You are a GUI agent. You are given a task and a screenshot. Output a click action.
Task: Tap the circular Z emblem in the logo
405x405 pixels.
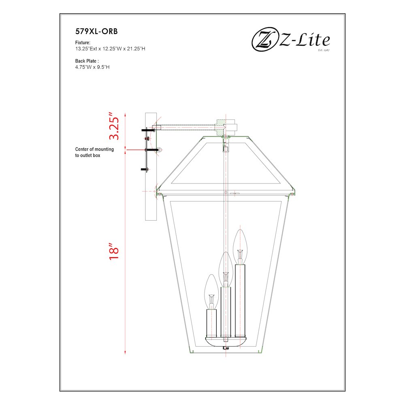point(264,40)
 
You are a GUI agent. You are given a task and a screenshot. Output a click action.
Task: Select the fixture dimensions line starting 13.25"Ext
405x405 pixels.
point(110,49)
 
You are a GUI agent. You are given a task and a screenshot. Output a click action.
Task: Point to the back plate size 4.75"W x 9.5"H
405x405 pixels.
point(92,67)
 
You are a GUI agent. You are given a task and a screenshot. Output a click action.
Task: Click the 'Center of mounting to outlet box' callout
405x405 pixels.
point(94,152)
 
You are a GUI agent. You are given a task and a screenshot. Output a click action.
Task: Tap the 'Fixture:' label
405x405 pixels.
point(83,43)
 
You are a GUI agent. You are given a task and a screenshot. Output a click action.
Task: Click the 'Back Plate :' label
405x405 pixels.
point(87,61)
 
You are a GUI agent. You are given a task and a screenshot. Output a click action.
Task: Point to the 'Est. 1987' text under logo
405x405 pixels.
point(322,51)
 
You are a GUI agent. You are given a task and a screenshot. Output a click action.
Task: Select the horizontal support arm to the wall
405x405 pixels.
point(186,127)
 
